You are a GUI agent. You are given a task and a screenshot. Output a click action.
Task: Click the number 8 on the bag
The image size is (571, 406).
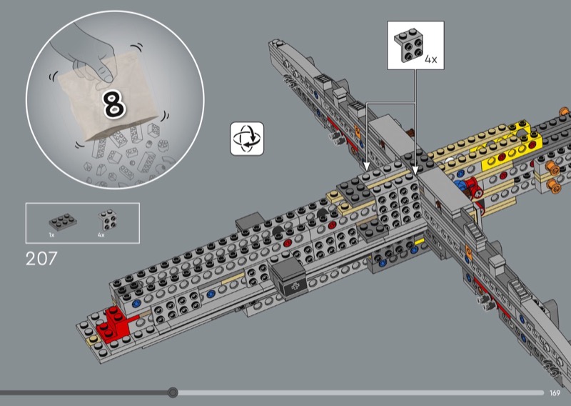pos(114,104)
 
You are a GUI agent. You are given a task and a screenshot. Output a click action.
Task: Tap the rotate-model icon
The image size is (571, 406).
pos(247,138)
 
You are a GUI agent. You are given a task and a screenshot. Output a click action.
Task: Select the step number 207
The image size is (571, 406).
pos(41,259)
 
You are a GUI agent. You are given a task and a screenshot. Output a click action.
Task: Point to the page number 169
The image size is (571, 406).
pos(555,392)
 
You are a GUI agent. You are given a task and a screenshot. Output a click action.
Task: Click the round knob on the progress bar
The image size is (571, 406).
pos(173,392)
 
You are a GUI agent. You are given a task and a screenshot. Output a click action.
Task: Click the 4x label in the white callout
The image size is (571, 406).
pos(430,60)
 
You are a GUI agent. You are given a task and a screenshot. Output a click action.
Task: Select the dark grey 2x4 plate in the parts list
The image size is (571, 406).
pos(59,221)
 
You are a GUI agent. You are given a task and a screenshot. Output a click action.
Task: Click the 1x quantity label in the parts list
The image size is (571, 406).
pos(51,234)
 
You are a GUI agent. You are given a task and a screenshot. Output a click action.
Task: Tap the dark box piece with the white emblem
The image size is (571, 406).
pos(290,277)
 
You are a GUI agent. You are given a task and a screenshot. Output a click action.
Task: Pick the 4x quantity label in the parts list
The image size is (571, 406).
pos(101,234)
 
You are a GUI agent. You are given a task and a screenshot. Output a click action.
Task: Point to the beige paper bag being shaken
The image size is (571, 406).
pos(107,104)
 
